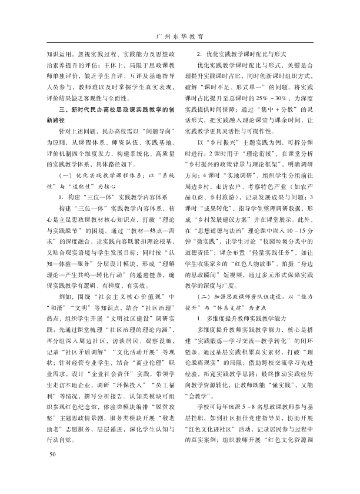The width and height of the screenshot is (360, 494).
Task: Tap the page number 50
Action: (x=52, y=470)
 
